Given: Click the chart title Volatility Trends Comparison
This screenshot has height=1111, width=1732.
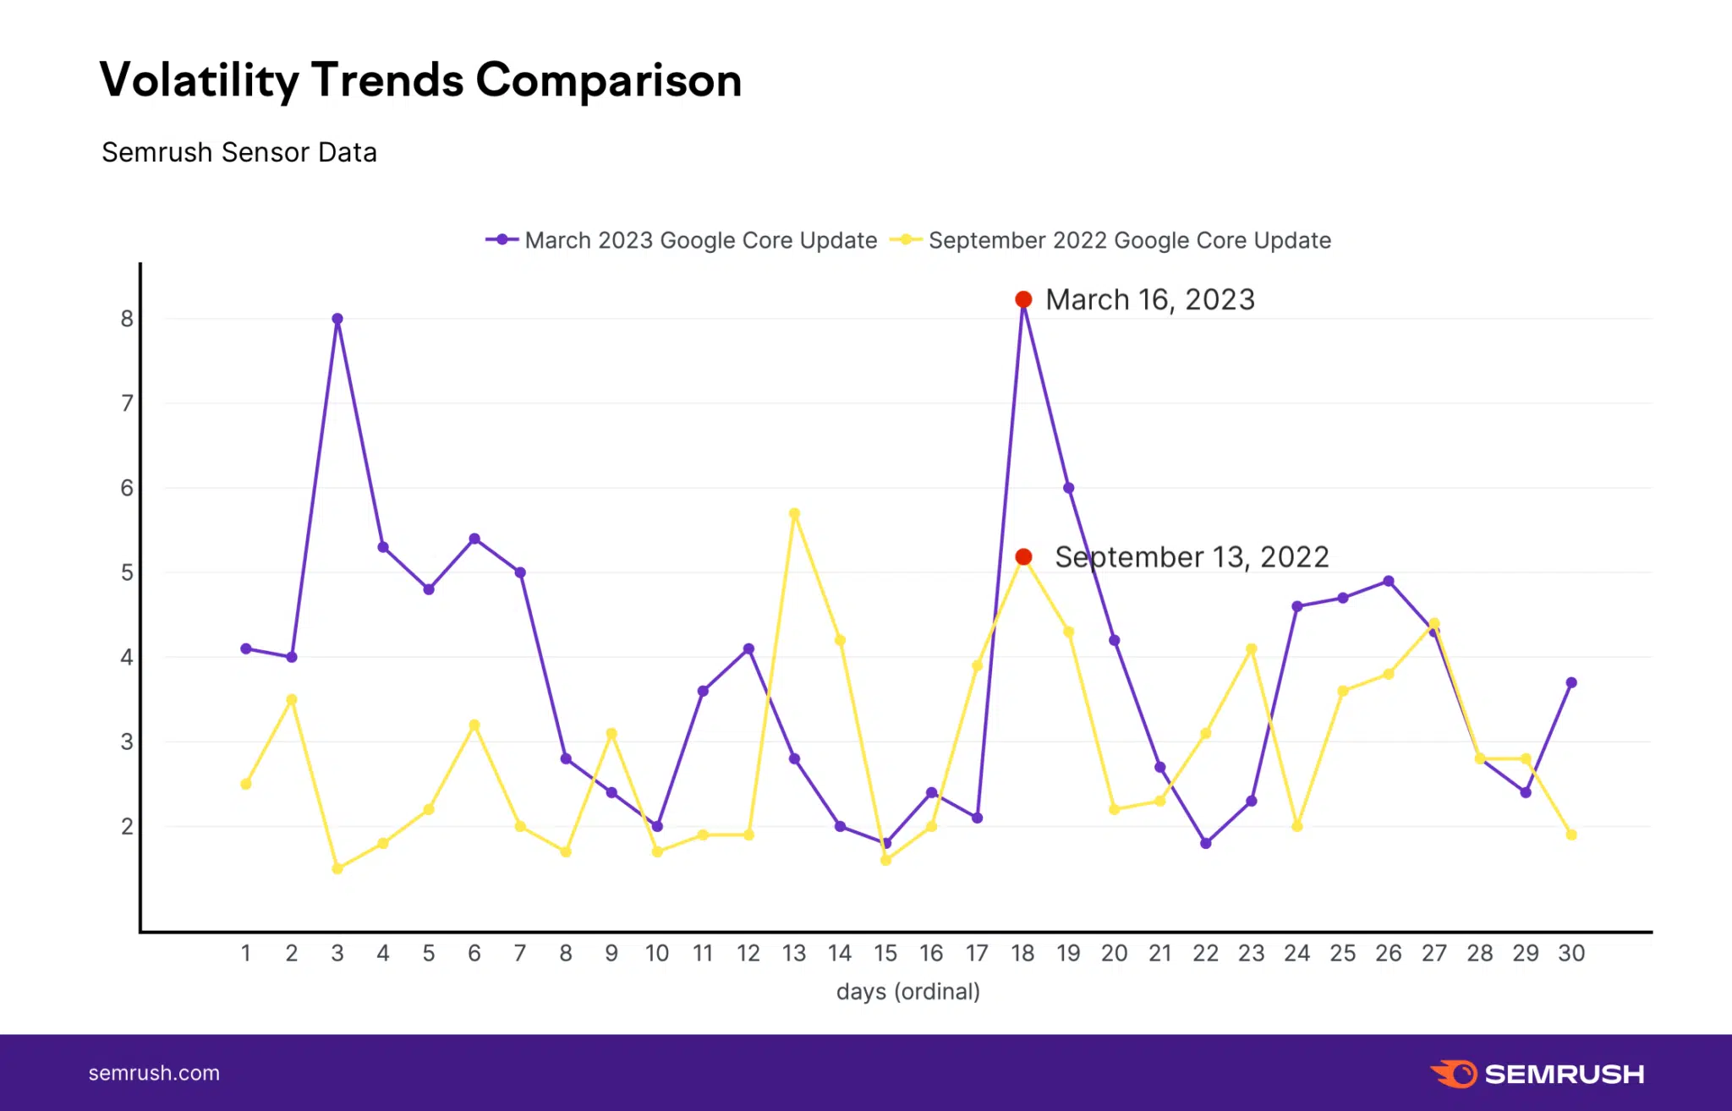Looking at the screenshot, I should (x=420, y=80).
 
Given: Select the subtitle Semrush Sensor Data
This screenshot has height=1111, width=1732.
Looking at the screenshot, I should (x=239, y=152).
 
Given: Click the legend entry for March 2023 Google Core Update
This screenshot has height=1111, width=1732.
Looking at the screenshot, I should (x=682, y=240).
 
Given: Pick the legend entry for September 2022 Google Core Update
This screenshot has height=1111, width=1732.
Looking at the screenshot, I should (x=1110, y=240).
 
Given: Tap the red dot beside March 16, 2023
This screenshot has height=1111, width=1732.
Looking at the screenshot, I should (x=1023, y=299).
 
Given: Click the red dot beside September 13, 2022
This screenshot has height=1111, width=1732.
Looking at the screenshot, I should (x=1023, y=556).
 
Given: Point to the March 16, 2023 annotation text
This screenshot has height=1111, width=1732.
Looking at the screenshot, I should (x=1150, y=299).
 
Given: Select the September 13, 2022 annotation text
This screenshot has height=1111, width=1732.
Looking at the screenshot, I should (x=1192, y=556).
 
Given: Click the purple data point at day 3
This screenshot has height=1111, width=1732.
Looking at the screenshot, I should (x=337, y=319).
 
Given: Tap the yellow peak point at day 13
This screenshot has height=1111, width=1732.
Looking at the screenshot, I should (x=794, y=513).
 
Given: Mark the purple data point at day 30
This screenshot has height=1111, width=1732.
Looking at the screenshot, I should (x=1571, y=682).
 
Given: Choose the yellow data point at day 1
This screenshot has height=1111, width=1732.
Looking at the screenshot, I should (x=246, y=784).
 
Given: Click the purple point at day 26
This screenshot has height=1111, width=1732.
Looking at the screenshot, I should (x=1389, y=581).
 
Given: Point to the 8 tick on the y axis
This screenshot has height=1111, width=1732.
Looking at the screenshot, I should (x=127, y=319).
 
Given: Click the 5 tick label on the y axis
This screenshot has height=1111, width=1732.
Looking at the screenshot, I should (x=127, y=572).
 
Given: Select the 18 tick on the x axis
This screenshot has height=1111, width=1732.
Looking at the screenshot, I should (x=1022, y=953).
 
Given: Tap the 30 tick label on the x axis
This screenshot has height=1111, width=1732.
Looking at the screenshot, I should (x=1571, y=953).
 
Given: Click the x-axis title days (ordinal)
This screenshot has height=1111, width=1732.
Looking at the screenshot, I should (x=908, y=991).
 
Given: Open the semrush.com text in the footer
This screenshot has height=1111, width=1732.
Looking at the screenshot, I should (x=154, y=1073).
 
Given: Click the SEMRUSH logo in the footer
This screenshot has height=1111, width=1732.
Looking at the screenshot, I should (x=1537, y=1074).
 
